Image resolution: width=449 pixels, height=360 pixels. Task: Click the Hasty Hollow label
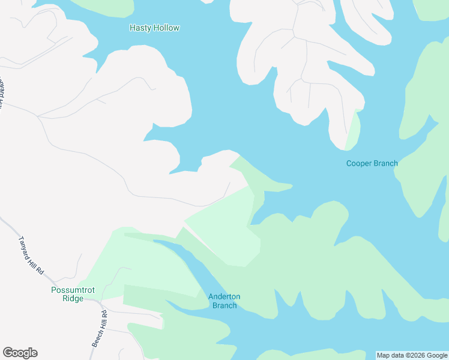(154, 28)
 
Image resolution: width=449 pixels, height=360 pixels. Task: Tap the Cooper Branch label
(372, 163)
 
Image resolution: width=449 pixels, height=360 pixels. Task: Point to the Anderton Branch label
(224, 301)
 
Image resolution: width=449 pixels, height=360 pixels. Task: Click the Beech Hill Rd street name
(100, 328)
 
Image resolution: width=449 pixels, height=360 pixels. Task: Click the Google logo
(20, 353)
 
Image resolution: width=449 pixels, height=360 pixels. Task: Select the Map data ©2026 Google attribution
(412, 355)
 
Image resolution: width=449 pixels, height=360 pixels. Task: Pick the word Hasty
(140, 28)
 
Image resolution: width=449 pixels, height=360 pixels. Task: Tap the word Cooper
(358, 163)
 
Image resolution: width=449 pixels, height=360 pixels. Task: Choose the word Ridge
(73, 298)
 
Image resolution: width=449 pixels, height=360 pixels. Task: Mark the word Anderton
(224, 296)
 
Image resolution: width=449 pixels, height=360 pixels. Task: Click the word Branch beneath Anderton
(224, 305)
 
